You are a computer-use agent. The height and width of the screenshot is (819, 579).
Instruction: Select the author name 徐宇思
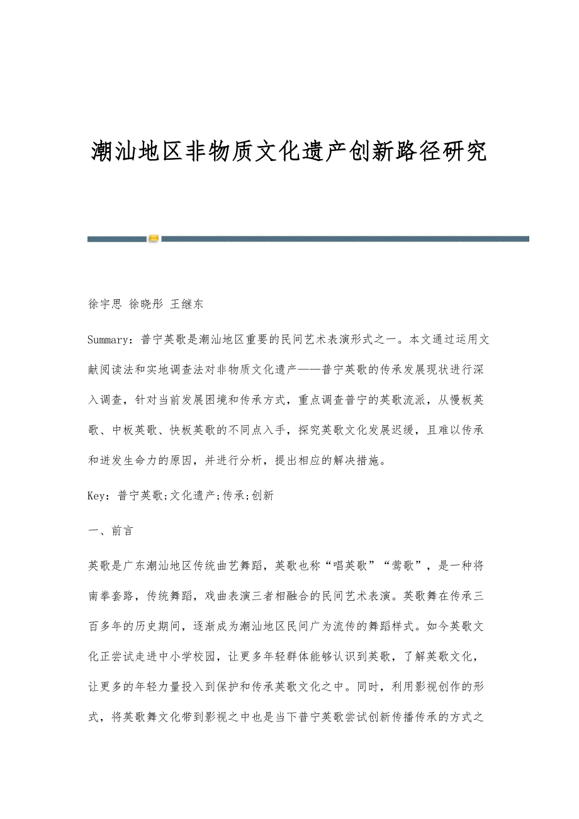coord(104,304)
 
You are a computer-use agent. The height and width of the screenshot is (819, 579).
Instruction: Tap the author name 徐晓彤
coord(145,304)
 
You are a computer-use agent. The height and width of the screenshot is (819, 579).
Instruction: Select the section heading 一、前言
coord(110,530)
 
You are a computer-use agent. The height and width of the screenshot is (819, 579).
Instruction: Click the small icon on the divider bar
coord(154,239)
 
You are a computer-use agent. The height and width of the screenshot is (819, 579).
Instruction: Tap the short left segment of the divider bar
coord(117,239)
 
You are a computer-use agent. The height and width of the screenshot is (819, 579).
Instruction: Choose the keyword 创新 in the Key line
coord(263,496)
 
